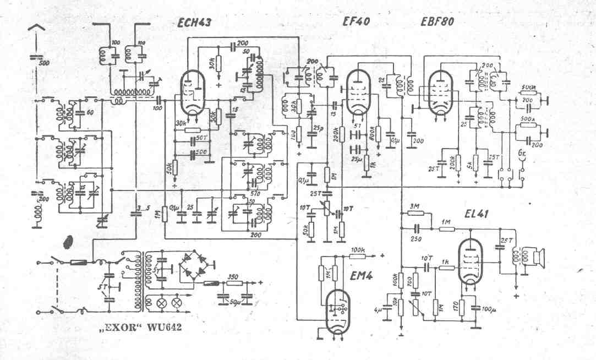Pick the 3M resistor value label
point(414,206)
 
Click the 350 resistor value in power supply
point(232,277)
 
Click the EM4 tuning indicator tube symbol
point(337,311)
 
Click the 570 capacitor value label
point(255,193)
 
